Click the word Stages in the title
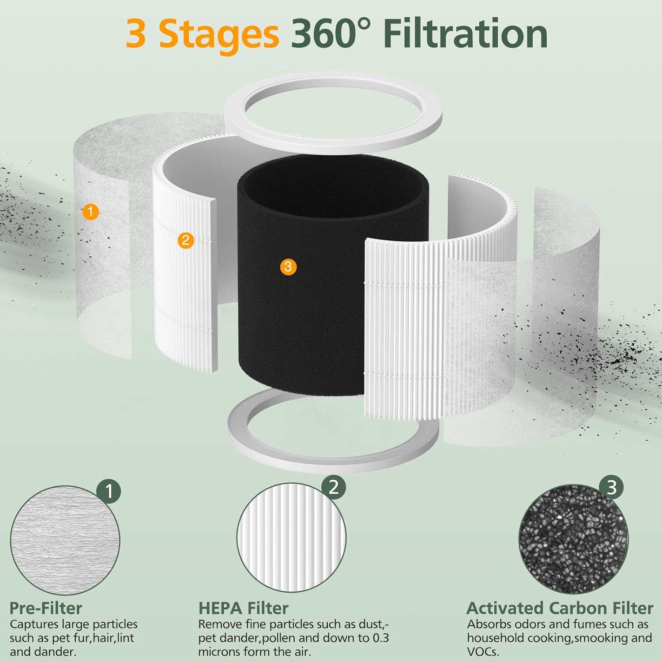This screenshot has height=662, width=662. coord(218,34)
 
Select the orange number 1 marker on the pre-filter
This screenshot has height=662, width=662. coord(90,212)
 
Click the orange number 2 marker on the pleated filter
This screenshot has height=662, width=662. coord(185,240)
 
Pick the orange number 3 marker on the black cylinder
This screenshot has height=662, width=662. coord(288,267)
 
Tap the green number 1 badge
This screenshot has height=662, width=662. coord(109,490)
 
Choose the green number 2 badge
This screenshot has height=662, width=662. coord(334,487)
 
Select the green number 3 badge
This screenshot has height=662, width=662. coord(612,488)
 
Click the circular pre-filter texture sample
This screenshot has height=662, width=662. coord(65,541)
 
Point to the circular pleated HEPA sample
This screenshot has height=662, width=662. coord(291,538)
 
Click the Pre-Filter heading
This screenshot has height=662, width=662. coord(46,608)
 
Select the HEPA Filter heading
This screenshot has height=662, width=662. coord(243,608)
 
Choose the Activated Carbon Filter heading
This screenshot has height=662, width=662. coord(560,608)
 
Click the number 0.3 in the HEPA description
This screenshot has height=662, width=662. coord(380,638)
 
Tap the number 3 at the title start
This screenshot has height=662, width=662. coord(136,34)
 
